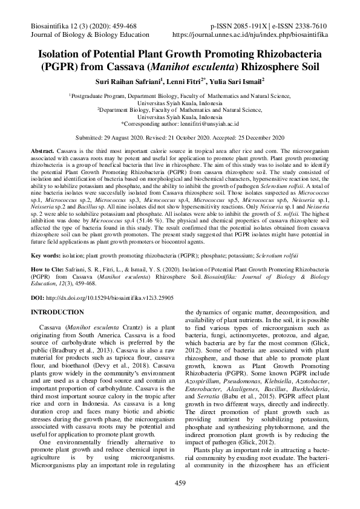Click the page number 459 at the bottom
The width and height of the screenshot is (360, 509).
coord(180,482)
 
